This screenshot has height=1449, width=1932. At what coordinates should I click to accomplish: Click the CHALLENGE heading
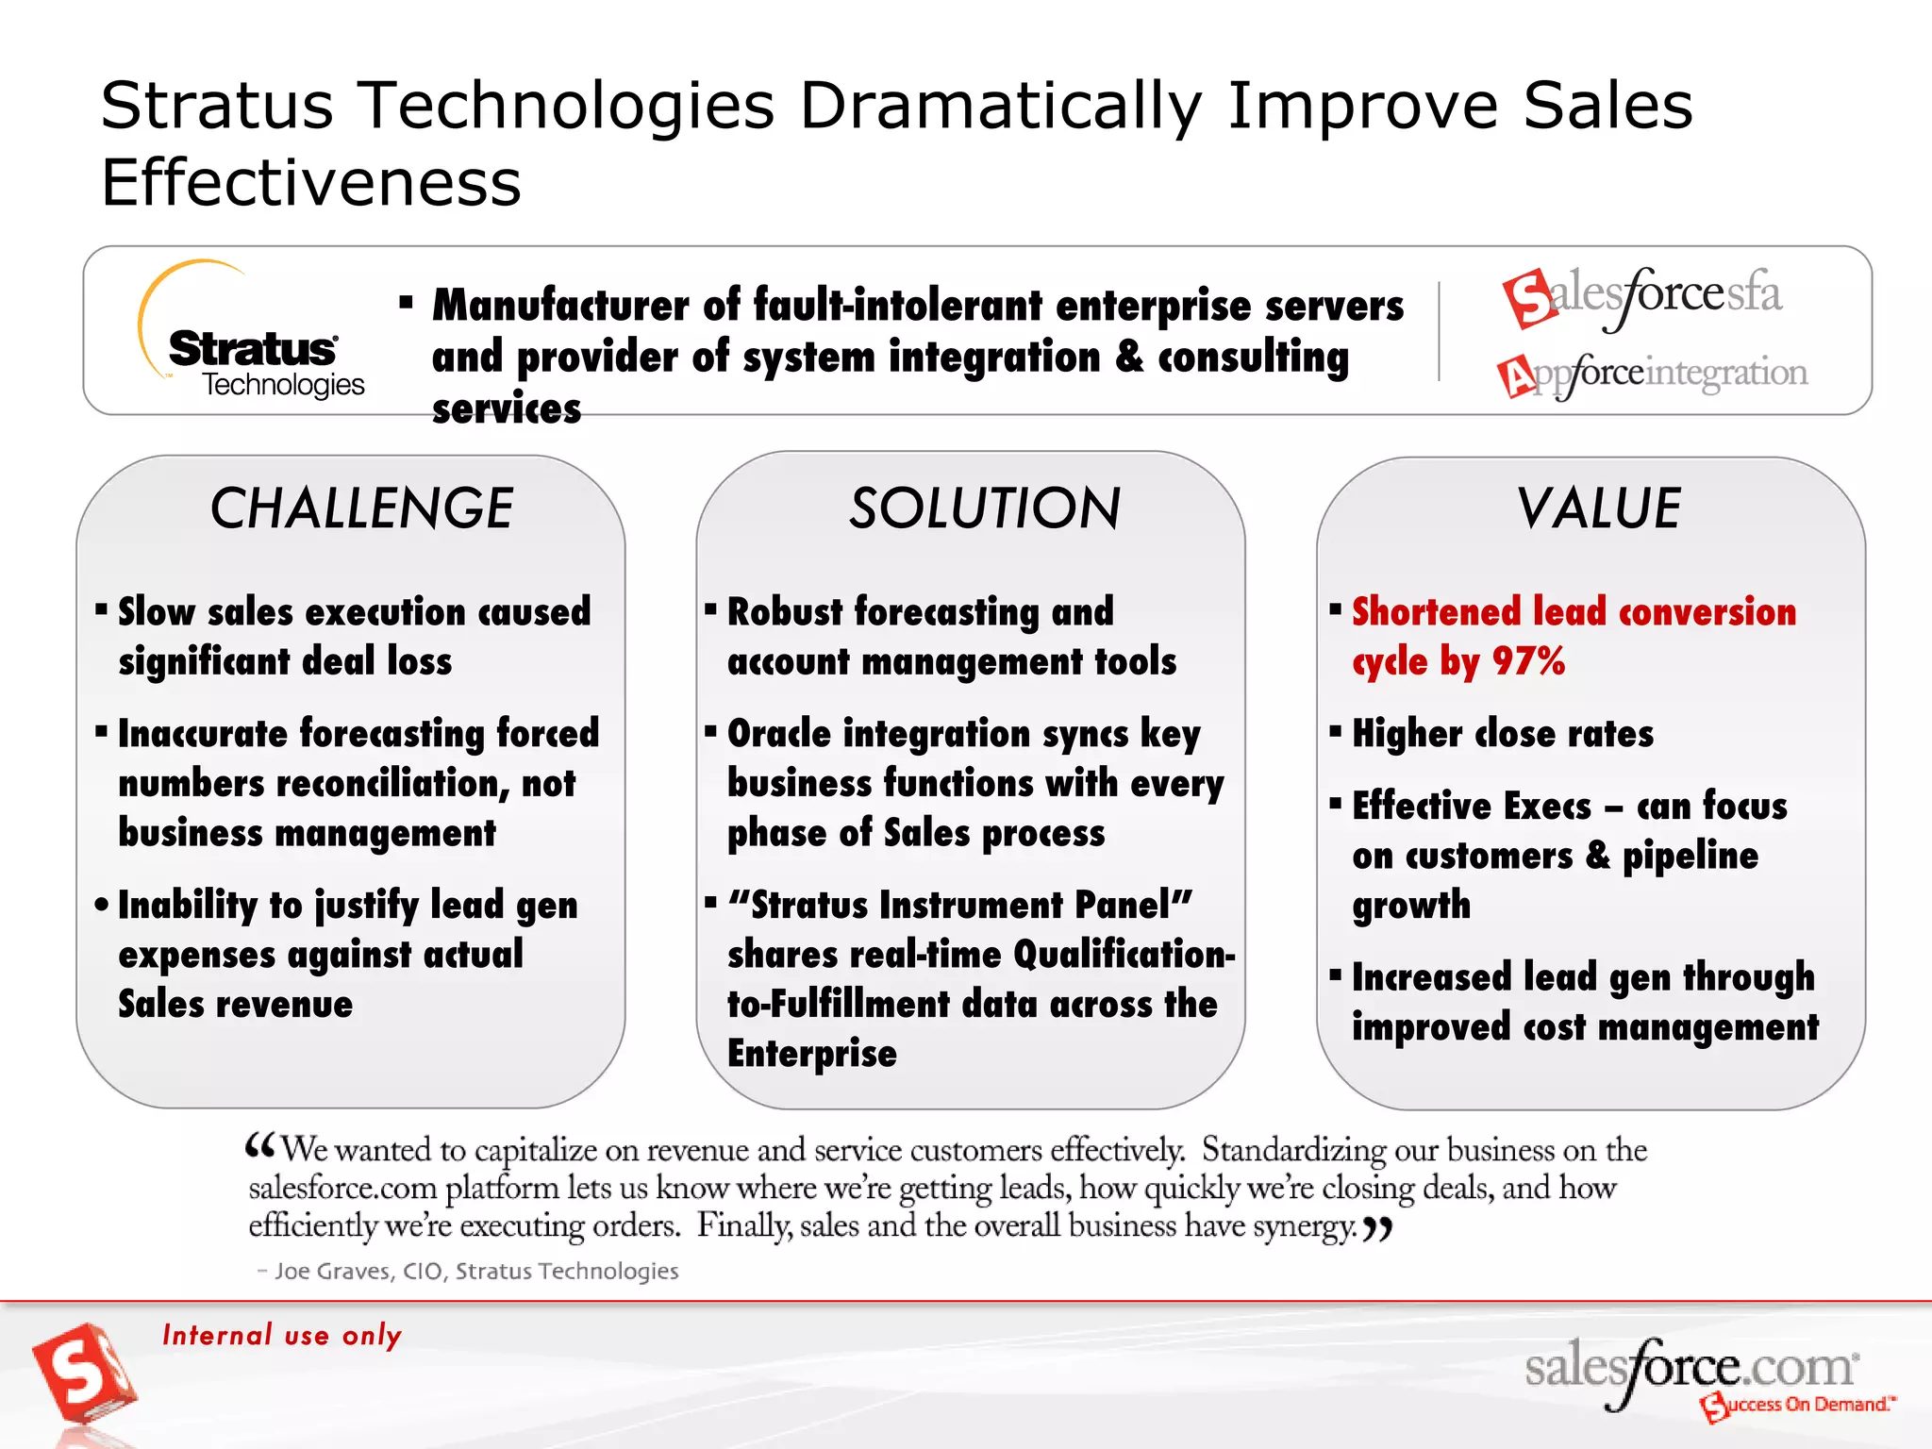361,509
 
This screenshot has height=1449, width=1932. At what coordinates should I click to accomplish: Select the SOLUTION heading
985,509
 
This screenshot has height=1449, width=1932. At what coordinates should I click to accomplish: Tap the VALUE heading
1599,509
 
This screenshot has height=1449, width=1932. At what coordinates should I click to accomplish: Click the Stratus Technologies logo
253,335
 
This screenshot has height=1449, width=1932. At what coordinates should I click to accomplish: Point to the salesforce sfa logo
1641,297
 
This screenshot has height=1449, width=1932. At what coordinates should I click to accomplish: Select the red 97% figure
1528,661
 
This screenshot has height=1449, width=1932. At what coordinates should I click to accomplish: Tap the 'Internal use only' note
282,1335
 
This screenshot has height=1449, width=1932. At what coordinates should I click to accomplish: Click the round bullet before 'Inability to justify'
102,905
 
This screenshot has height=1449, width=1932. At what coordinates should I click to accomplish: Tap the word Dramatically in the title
1001,106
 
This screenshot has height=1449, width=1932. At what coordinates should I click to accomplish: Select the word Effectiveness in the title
311,183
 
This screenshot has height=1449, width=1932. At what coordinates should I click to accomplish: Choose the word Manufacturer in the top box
560,306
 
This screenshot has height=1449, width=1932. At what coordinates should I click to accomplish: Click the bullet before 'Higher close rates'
1335,731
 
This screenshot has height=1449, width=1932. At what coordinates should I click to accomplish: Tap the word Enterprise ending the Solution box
811,1054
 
